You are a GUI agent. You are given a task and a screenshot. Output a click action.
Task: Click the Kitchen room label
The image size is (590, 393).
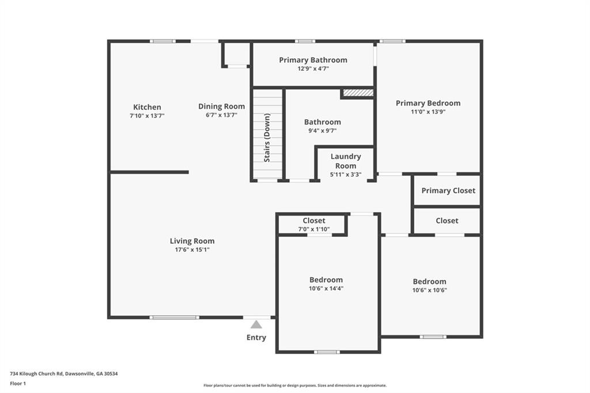[147, 107]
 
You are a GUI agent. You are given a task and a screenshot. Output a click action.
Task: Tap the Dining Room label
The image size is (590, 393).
[222, 107]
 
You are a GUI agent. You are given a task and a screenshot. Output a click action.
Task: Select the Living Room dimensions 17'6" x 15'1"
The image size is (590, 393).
[192, 250]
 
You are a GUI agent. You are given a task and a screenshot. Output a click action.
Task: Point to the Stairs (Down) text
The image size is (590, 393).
[267, 138]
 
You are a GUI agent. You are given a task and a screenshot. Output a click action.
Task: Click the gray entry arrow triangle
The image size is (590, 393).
[256, 324]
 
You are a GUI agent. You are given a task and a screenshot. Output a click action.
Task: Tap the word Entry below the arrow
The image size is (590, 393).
[256, 338]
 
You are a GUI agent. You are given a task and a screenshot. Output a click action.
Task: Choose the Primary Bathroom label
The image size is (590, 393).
[313, 61]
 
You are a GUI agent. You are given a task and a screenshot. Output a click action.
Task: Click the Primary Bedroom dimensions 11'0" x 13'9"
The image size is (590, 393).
[428, 112]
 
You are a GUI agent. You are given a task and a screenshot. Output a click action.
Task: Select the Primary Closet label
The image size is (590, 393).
[448, 191]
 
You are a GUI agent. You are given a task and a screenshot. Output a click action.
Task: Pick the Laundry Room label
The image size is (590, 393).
[346, 161]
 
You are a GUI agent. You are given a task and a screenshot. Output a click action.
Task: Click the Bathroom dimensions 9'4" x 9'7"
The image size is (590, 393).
[323, 131]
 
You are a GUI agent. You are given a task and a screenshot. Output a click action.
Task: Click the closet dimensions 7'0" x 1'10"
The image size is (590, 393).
[314, 229]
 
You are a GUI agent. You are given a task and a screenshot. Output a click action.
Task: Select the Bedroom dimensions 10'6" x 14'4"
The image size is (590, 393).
[326, 289]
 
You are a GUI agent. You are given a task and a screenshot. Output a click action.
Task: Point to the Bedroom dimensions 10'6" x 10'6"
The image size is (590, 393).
[429, 290]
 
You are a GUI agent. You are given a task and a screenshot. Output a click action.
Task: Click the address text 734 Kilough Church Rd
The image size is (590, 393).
[36, 374]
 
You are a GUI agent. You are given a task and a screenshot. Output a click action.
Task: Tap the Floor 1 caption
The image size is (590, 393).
[18, 384]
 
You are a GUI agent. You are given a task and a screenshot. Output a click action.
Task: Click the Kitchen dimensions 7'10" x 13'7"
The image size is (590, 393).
[147, 116]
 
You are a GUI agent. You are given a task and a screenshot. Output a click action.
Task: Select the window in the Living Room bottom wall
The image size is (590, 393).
[174, 318]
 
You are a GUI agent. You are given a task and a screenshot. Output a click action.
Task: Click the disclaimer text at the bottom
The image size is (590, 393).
[295, 386]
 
